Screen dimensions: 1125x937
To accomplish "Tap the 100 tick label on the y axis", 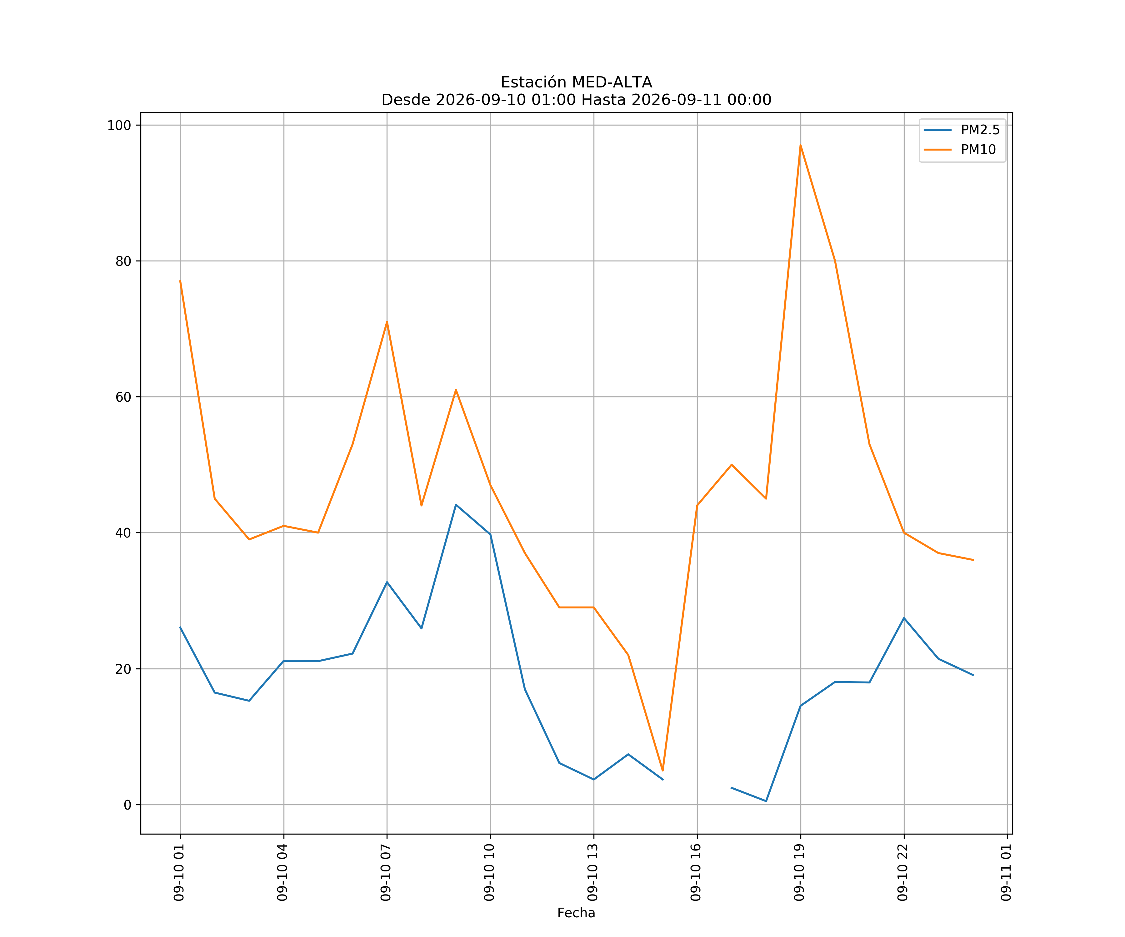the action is [x=119, y=125].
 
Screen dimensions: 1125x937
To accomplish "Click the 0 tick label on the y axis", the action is [x=127, y=805].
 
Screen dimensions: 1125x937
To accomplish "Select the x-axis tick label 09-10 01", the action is [x=179, y=872].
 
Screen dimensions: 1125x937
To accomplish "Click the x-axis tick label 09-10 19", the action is [x=799, y=872].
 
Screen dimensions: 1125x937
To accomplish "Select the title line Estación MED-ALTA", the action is [x=577, y=82].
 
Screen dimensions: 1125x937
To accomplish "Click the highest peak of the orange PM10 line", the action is [x=800, y=145].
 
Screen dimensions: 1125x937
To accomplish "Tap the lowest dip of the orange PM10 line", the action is [x=663, y=771].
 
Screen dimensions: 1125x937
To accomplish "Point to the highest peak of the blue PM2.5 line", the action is [x=456, y=504].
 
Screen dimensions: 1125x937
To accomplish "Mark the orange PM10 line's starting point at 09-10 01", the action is [x=180, y=280].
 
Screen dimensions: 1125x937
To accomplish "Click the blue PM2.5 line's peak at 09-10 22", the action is [x=904, y=618].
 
